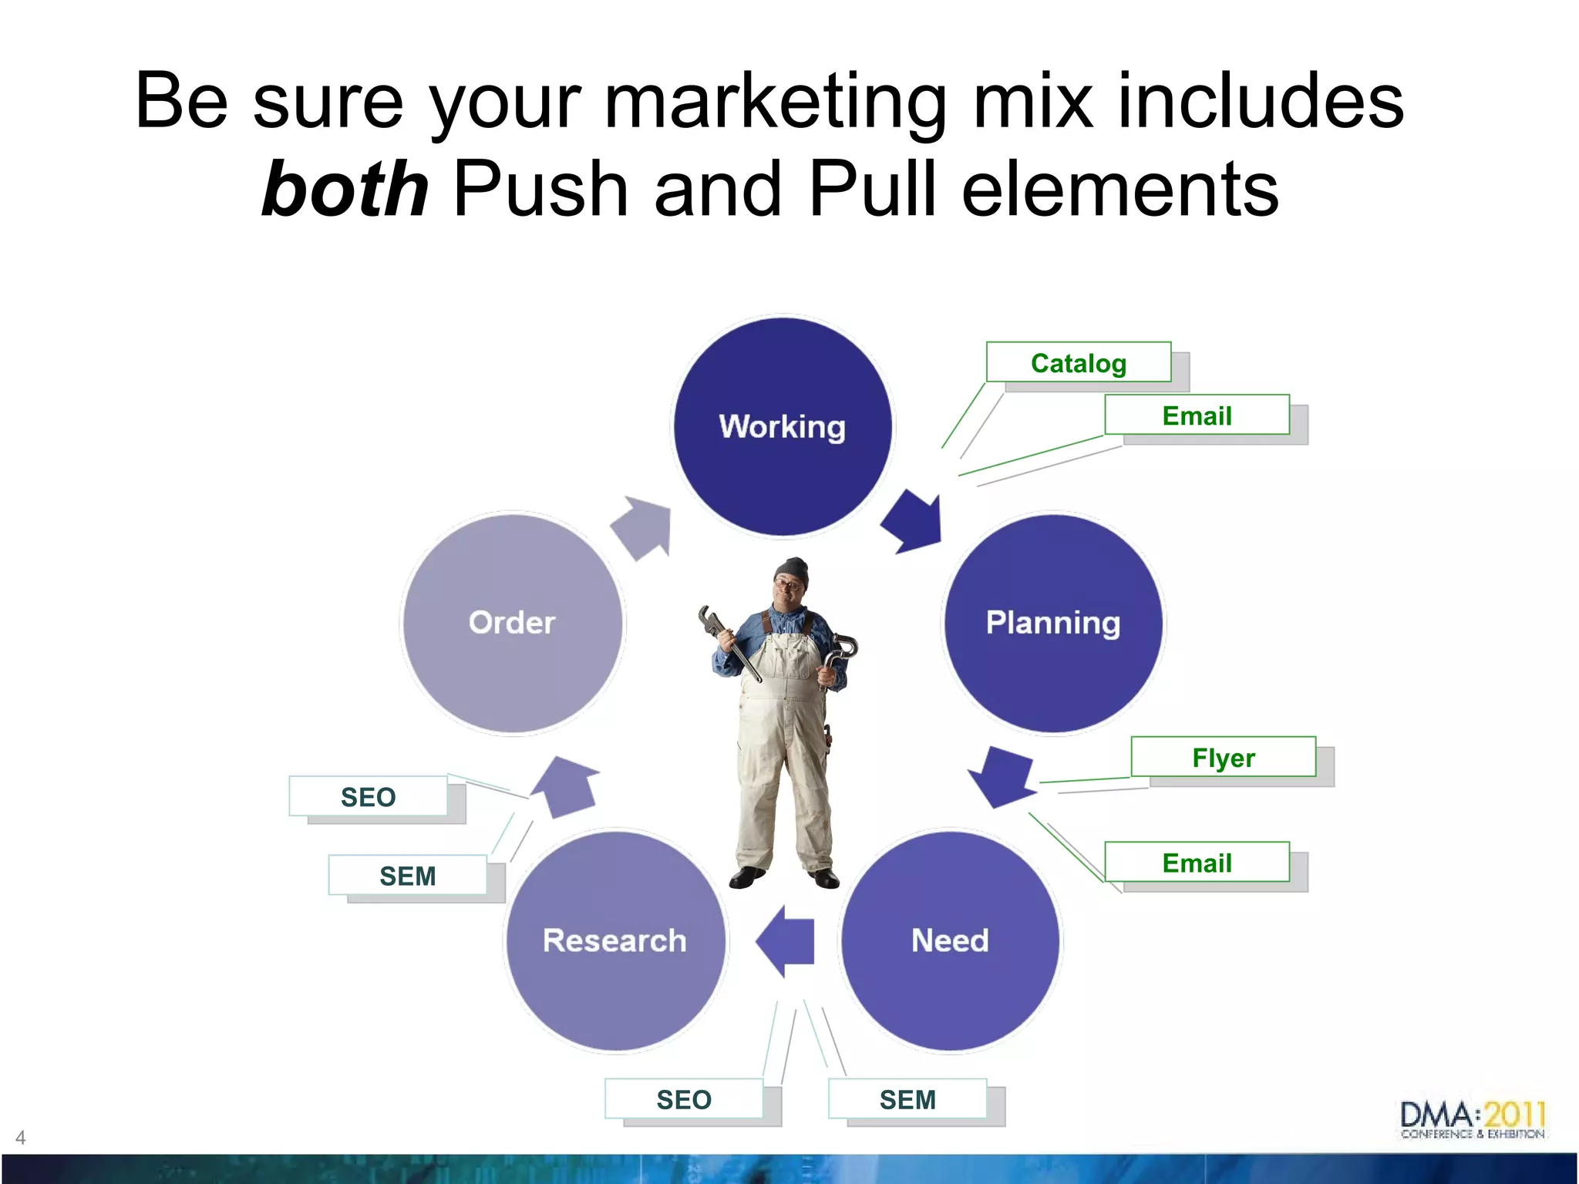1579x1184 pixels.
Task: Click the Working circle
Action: (783, 426)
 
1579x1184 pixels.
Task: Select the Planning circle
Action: (1053, 623)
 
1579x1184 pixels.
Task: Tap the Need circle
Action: (950, 940)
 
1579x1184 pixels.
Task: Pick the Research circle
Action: (615, 940)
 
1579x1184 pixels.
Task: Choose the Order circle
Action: (513, 623)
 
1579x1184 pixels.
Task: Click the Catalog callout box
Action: (1079, 362)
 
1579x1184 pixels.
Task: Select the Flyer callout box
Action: (1223, 757)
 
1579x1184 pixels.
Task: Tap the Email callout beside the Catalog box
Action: (1197, 415)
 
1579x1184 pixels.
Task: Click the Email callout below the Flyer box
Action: (1197, 863)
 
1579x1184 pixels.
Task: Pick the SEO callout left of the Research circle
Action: (369, 796)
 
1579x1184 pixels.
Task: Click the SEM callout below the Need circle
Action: (907, 1099)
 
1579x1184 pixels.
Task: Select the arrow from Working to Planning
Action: (915, 522)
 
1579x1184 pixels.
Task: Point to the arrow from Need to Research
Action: (786, 941)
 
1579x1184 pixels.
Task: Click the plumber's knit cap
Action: (793, 571)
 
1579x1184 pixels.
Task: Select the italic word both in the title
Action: (345, 189)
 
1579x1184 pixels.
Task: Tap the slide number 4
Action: (21, 1138)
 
